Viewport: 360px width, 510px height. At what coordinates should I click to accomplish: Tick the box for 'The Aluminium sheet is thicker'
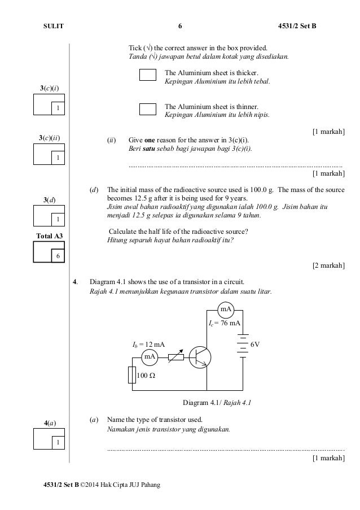(147, 75)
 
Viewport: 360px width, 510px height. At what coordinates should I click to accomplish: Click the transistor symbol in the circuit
(200, 356)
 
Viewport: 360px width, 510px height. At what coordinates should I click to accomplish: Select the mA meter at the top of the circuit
(226, 310)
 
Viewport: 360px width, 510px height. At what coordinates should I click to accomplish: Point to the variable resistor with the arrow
(176, 356)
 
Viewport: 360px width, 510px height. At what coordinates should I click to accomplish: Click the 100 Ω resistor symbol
(133, 374)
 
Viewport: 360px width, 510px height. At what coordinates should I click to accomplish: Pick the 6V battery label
(255, 343)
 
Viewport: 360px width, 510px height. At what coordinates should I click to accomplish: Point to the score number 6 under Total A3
(57, 256)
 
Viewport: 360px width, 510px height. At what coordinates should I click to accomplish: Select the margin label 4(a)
(50, 422)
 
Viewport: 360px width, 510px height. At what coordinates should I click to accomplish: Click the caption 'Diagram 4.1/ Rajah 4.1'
(216, 403)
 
